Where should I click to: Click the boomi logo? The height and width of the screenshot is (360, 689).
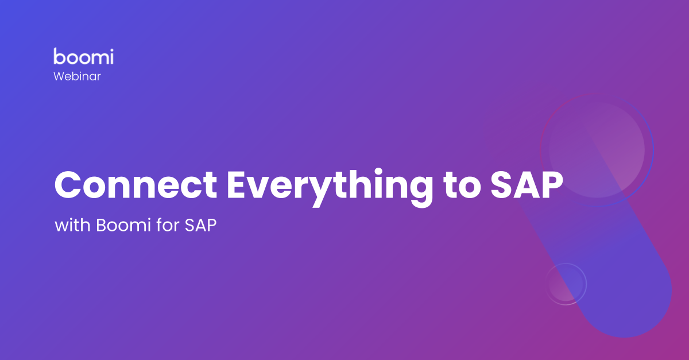click(83, 56)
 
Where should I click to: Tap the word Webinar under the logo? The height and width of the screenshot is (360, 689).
click(77, 76)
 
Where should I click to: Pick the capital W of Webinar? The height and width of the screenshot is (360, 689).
click(59, 76)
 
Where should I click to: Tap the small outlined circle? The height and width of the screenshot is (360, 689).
click(566, 284)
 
